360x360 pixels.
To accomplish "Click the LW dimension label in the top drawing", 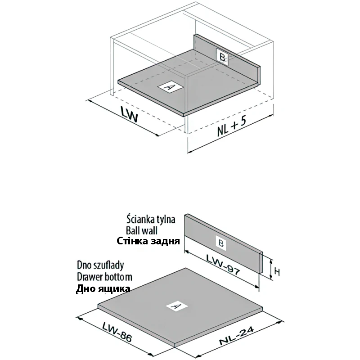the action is [129, 114].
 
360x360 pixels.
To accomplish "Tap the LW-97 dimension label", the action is [223, 265].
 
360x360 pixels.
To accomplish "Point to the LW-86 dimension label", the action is [117, 332].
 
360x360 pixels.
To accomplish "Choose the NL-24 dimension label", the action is [237, 336].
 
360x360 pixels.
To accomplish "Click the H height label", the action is [277, 272].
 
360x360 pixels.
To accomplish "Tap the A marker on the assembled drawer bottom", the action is [171, 87].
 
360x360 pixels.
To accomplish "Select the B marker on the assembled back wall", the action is [222, 57].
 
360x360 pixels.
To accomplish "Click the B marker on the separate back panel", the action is [221, 243].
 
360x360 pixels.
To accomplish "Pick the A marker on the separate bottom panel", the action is [177, 306].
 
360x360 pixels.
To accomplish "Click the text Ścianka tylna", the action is [151, 219].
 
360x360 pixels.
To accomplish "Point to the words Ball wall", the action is [142, 230].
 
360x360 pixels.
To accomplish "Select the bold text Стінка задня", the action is [148, 241].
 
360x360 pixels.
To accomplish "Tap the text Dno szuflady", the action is [100, 265].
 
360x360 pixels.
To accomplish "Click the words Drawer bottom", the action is [104, 277].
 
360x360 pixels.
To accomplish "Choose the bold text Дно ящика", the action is [103, 288].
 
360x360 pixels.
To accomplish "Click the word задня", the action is [165, 242].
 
